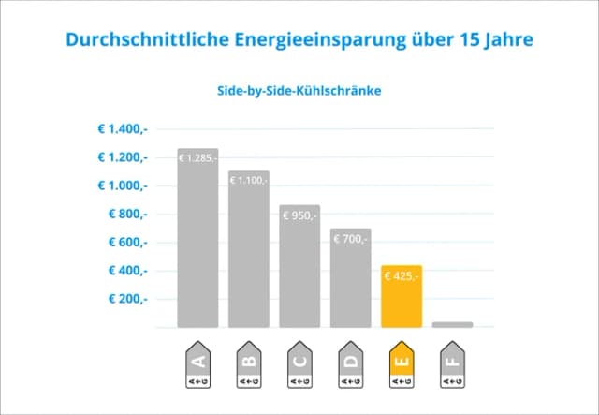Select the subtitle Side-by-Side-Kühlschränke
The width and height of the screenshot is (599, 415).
[299, 92]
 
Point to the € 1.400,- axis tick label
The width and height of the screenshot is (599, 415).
[122, 129]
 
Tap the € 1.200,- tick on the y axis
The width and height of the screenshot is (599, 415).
[122, 157]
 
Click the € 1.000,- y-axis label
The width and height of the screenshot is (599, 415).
[122, 185]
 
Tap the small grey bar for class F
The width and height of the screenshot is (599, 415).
[453, 324]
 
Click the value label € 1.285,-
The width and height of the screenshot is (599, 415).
[197, 157]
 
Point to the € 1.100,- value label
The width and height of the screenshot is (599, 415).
[249, 180]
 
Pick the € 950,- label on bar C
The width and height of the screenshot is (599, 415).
[300, 215]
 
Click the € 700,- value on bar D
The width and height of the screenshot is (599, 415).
[351, 239]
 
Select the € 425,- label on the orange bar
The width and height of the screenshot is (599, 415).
[402, 276]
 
